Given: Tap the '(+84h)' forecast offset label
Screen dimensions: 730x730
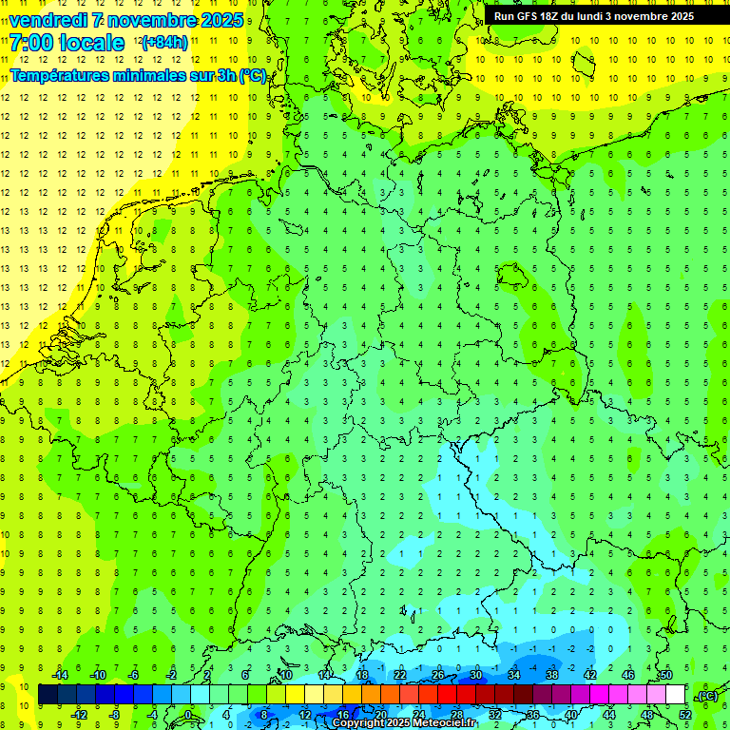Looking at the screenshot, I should [x=164, y=43].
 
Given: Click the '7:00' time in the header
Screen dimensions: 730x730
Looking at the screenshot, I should [x=30, y=43].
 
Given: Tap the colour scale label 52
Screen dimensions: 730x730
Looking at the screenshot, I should [x=685, y=714].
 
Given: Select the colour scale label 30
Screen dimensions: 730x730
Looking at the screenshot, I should [x=476, y=675].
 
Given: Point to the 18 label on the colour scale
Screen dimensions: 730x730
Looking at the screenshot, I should [x=362, y=675].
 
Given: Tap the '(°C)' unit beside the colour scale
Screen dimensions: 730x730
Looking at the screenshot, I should [x=707, y=695].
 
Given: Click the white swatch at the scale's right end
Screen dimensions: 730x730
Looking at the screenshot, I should [x=676, y=695].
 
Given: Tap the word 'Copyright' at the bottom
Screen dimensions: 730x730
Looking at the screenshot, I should [x=358, y=723].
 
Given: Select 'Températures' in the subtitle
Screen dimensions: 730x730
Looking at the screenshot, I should [x=53, y=76].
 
